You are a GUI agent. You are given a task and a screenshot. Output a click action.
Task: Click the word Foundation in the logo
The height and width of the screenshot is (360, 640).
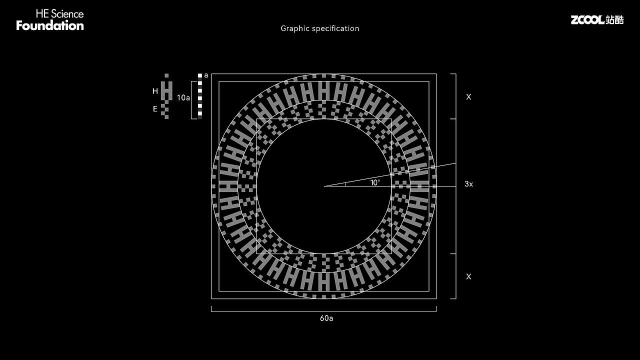pyautogui.click(x=50, y=25)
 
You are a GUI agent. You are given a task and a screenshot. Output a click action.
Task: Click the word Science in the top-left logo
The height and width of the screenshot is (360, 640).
pyautogui.click(x=67, y=14)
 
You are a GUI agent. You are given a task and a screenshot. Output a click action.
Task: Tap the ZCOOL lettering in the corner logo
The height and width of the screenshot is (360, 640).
pyautogui.click(x=587, y=19)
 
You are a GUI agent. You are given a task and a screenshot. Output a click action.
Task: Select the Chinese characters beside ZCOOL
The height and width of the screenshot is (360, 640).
pyautogui.click(x=614, y=19)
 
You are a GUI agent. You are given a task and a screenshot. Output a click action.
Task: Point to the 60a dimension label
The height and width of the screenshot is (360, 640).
pyautogui.click(x=326, y=318)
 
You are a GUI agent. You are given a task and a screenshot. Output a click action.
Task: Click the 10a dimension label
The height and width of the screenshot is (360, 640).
pyautogui.click(x=183, y=97)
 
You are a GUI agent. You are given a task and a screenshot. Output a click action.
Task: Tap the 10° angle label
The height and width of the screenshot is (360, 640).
pyautogui.click(x=375, y=182)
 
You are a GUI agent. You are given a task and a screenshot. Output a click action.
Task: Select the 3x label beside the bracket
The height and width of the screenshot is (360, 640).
pyautogui.click(x=469, y=184)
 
